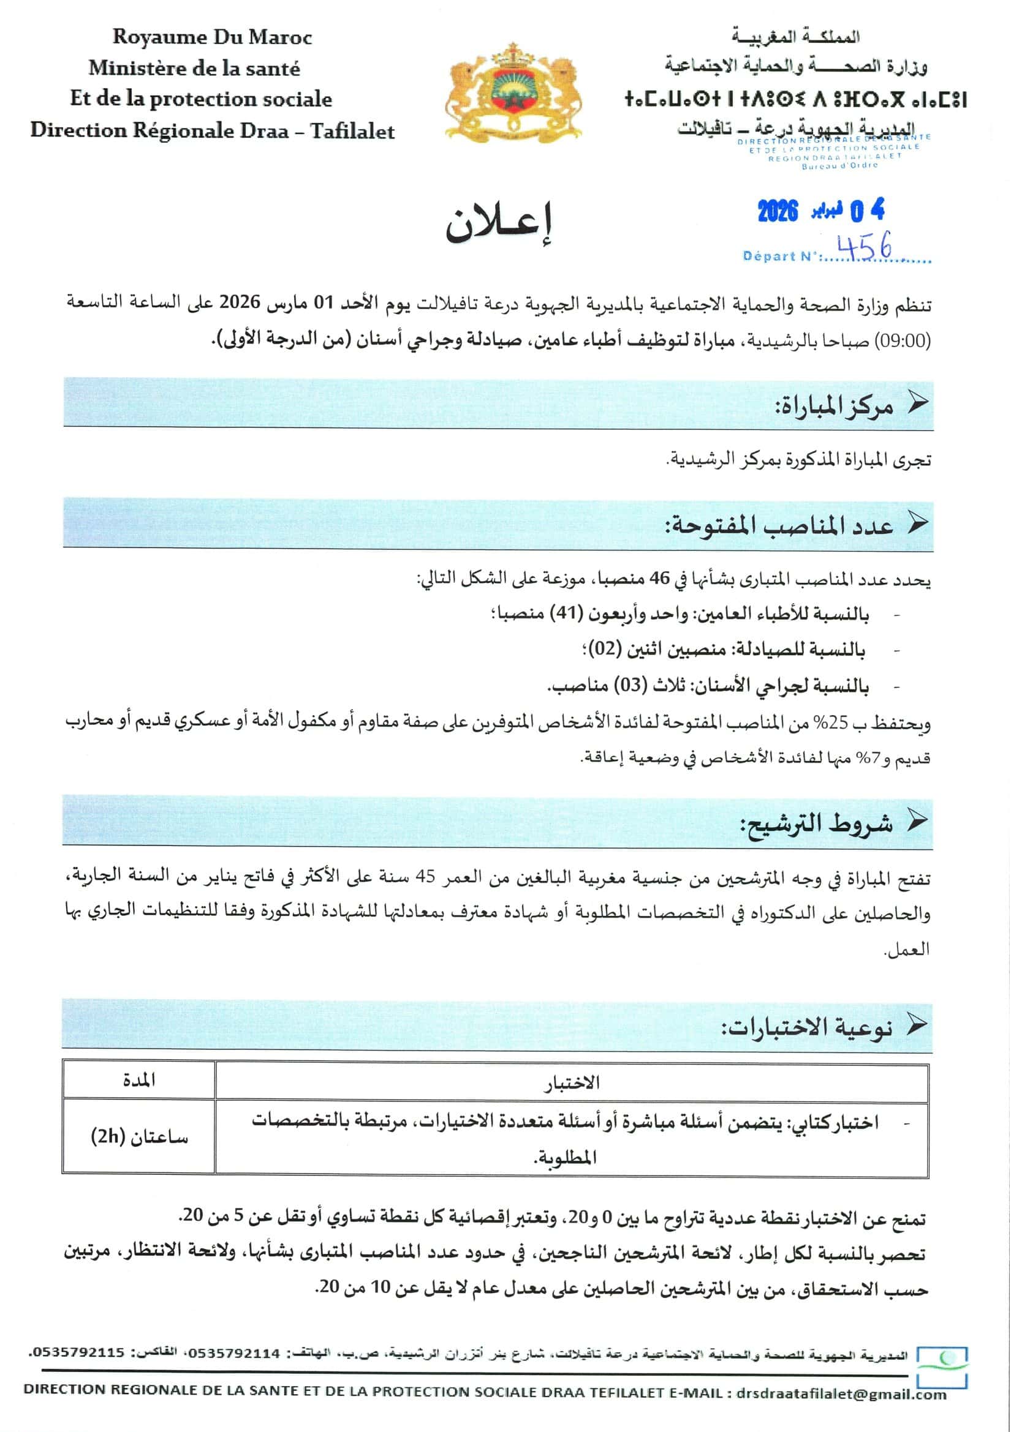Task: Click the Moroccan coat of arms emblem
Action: pos(513,94)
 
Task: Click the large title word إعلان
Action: pos(499,225)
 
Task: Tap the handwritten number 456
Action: pos(864,247)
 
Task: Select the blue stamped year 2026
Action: pos(778,212)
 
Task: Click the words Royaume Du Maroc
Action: pos(212,37)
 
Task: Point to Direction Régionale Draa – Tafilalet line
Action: pos(212,131)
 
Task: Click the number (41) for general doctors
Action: pos(566,614)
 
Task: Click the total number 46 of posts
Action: pos(659,579)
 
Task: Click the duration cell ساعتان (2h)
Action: pos(138,1136)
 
